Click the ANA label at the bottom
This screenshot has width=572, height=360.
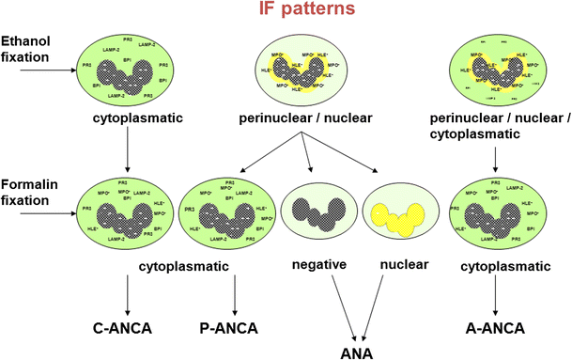click(358, 352)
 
